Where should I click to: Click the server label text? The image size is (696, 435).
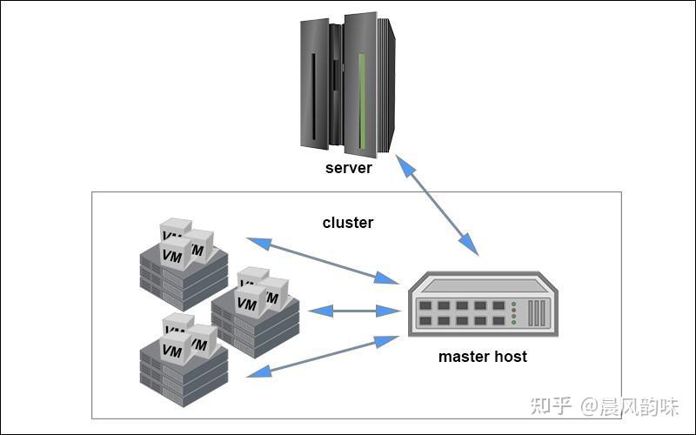349,168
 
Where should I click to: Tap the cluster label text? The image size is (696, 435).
348,223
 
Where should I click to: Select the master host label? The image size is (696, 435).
483,357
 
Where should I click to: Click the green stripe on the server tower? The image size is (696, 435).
362,101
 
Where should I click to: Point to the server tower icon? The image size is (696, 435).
347,84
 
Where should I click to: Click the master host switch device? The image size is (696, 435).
483,304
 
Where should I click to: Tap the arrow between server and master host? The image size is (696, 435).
438,205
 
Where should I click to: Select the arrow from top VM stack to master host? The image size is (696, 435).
323,260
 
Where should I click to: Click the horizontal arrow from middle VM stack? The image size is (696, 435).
354,311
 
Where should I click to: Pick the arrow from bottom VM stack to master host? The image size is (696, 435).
323,357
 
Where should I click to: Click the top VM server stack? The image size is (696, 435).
184,264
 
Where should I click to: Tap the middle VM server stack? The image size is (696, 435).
255,312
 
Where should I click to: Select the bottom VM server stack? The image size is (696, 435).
184,359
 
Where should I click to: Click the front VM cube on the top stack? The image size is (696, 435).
173,254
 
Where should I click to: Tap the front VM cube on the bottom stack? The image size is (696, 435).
173,349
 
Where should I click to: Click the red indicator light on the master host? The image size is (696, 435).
513,311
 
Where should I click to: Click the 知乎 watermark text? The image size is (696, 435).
551,405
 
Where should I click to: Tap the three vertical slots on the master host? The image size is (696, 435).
536,313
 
